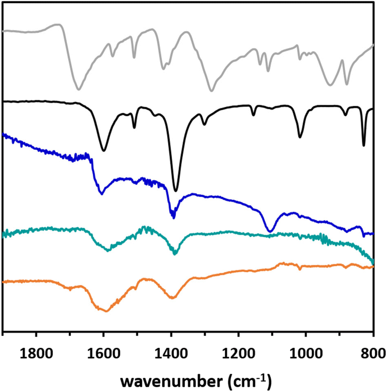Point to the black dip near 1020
[300, 137]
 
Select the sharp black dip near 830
[364, 145]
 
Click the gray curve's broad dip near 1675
[79, 89]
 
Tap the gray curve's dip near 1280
[211, 91]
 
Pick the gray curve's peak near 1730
[59, 25]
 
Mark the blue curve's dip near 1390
[174, 217]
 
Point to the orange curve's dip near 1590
[106, 311]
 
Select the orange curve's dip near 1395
[173, 298]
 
